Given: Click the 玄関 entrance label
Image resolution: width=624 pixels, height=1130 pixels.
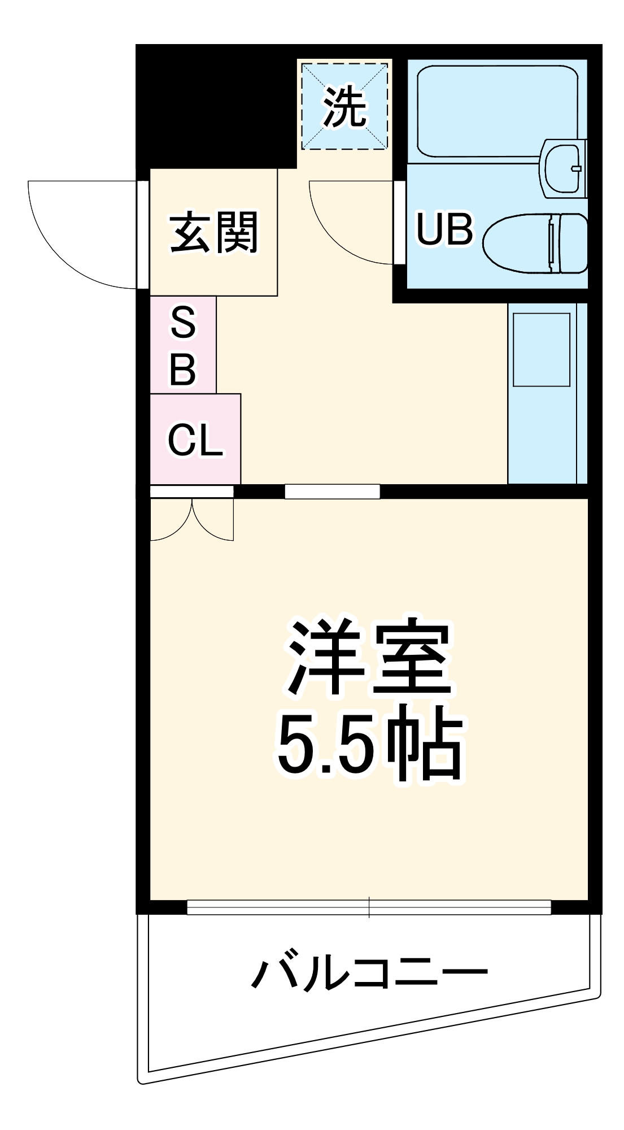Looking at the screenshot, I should [214, 232].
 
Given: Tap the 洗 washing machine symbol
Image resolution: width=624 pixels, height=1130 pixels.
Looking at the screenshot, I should [344, 106].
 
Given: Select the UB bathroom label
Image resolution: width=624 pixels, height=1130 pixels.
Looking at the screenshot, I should [444, 229].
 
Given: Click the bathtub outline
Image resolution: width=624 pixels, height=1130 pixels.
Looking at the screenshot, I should [497, 111].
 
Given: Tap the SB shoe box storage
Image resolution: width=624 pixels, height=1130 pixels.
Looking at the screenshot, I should [183, 345].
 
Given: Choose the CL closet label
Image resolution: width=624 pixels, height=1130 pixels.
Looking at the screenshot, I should [195, 440].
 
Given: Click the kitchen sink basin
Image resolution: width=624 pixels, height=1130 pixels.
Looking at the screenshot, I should [541, 350].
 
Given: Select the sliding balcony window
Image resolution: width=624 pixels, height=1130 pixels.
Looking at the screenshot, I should [369, 907].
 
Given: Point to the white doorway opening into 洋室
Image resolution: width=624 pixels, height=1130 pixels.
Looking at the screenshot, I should [332, 492].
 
